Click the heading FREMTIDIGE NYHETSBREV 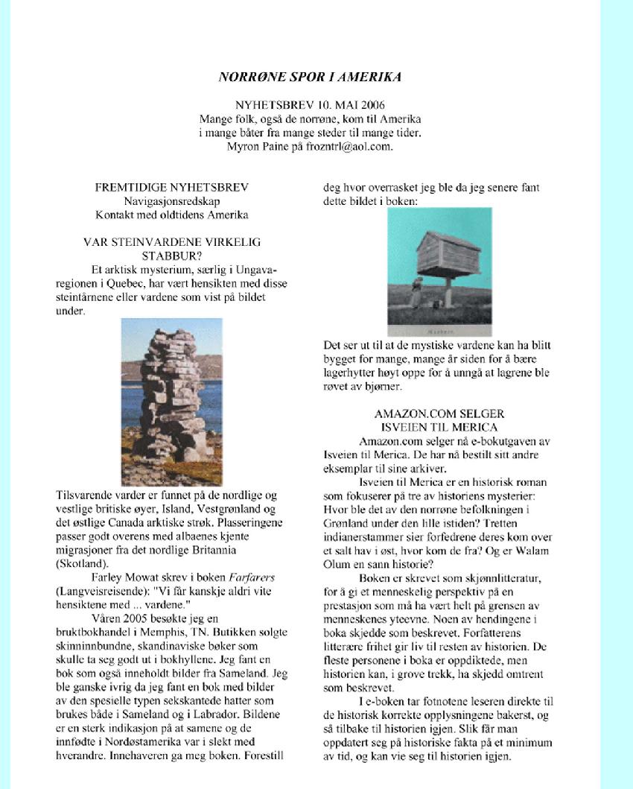[x=172, y=187]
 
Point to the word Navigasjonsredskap [x=171, y=201]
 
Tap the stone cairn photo [x=171, y=402]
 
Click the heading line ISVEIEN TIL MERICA [x=439, y=427]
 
